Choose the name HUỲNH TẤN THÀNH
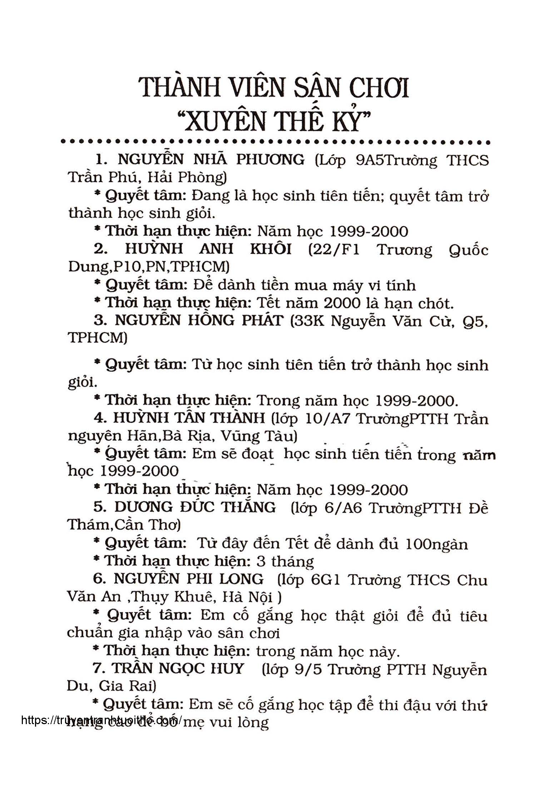click(189, 418)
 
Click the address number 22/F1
click(333, 249)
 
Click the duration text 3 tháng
click(285, 562)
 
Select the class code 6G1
click(326, 579)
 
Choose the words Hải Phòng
click(187, 178)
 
